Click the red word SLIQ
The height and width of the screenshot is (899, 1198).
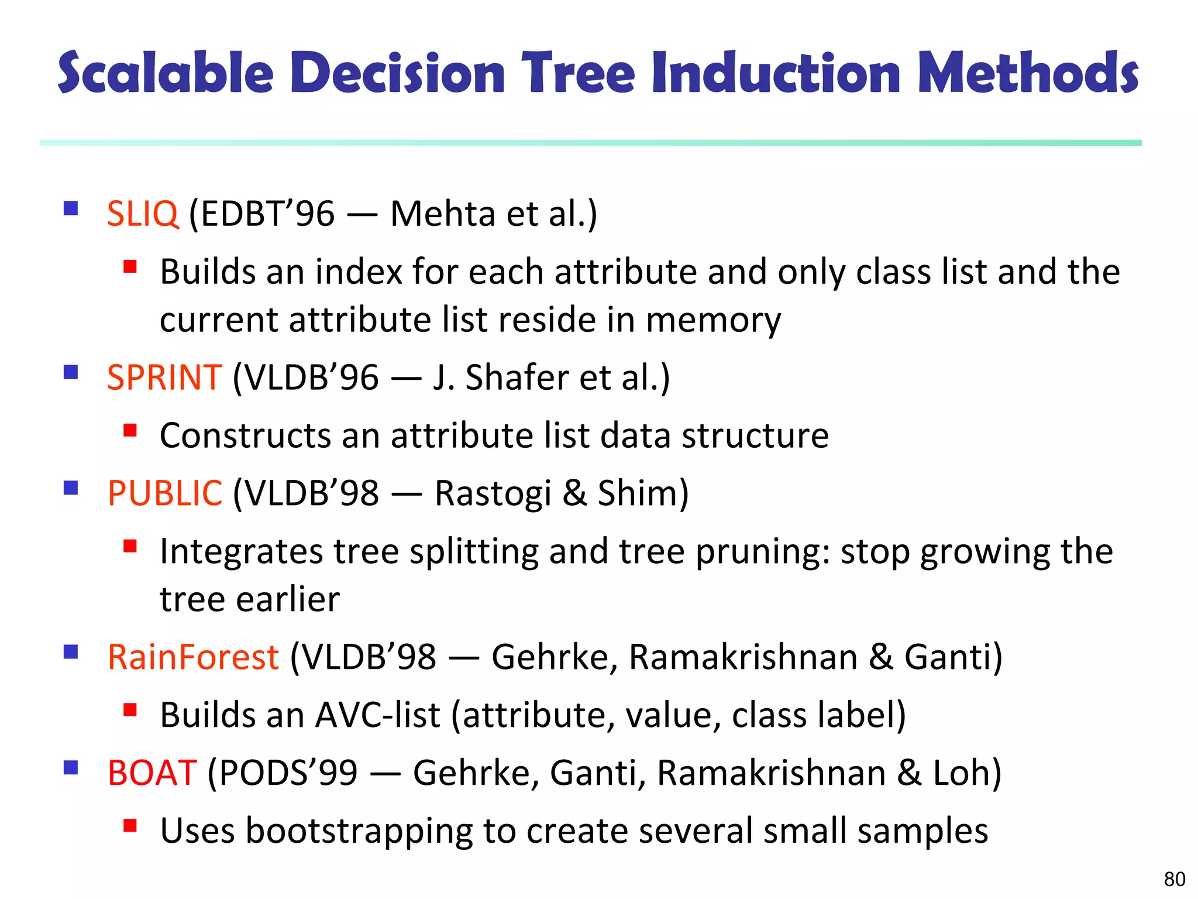(142, 214)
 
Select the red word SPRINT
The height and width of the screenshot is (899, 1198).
(164, 378)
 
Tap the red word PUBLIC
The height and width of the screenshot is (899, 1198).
(165, 493)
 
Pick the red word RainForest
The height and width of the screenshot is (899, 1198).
(193, 657)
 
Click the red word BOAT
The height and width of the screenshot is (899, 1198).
(152, 773)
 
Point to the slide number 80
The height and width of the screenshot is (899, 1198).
(1174, 879)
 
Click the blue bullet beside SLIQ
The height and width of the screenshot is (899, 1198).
(71, 209)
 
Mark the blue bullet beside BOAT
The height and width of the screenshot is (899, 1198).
(71, 767)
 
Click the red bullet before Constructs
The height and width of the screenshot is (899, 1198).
(130, 431)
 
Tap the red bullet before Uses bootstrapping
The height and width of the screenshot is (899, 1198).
(130, 826)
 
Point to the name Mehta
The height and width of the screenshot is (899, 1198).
(442, 214)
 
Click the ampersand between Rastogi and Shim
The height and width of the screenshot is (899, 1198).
(574, 493)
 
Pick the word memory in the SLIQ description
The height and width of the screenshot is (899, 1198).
(713, 321)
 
